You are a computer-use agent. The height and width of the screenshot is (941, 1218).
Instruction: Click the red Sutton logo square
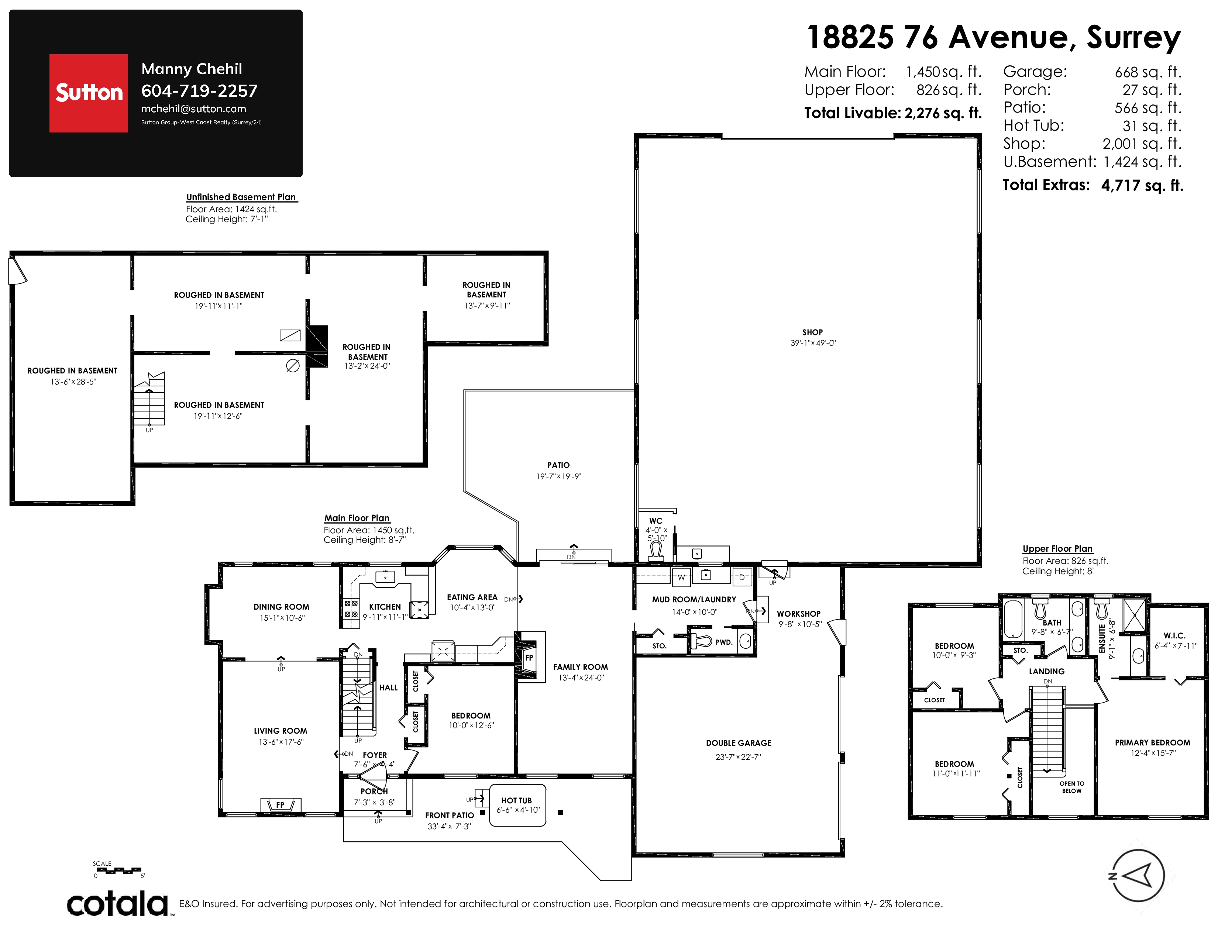[89, 93]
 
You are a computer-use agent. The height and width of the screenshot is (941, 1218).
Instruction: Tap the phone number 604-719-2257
[199, 90]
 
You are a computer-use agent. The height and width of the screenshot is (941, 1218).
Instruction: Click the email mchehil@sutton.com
[193, 109]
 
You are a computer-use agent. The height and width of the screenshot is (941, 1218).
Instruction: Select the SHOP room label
[813, 332]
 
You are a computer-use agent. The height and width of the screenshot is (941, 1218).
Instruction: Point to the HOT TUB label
[516, 800]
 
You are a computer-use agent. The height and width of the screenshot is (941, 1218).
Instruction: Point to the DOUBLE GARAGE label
[739, 743]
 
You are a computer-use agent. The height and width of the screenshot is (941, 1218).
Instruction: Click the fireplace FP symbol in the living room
[281, 804]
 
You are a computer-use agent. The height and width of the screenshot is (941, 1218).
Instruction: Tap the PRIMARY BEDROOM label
[1152, 742]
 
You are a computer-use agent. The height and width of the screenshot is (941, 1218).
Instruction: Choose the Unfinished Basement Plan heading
[241, 197]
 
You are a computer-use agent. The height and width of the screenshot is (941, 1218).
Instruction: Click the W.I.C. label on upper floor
[1174, 635]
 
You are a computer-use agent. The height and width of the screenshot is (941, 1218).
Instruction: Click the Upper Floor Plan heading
[1057, 548]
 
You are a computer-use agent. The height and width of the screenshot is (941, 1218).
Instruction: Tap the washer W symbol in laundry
[681, 578]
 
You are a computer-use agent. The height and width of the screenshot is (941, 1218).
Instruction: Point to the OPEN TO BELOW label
[1072, 787]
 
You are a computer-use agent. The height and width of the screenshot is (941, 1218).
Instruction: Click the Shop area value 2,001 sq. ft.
[1142, 144]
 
